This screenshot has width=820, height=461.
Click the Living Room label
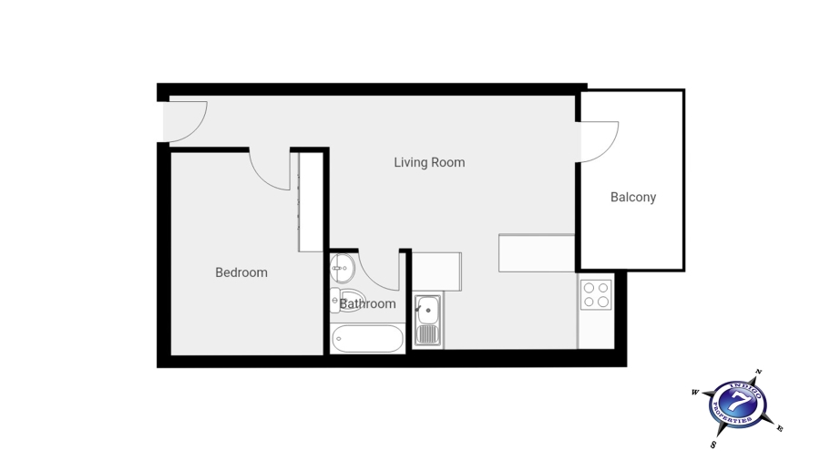[429, 163]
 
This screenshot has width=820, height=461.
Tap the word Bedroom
[241, 272]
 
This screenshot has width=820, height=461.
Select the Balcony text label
[633, 197]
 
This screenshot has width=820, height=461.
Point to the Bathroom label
[368, 304]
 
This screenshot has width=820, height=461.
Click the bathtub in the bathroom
[367, 340]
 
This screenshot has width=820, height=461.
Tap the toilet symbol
[337, 300]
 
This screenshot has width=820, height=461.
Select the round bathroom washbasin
[343, 268]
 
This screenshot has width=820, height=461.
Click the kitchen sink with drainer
[427, 321]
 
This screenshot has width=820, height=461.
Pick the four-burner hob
[596, 294]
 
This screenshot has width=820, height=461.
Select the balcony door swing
[600, 141]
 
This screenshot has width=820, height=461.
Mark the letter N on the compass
[758, 374]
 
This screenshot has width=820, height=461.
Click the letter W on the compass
[695, 393]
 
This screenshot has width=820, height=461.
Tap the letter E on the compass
[780, 428]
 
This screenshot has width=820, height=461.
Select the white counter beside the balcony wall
[537, 253]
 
